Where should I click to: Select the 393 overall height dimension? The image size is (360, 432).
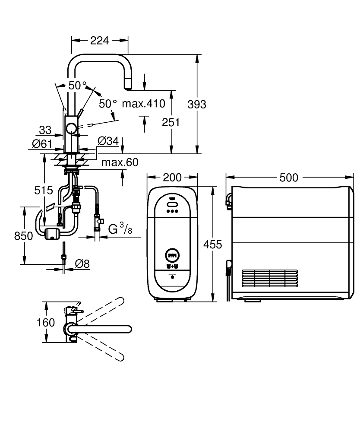click(x=197, y=104)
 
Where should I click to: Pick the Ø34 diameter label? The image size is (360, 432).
click(x=108, y=141)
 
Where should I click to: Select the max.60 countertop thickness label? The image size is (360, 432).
click(x=120, y=162)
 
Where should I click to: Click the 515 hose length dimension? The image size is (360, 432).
click(x=44, y=190)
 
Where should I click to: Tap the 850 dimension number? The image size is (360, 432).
click(x=23, y=236)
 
